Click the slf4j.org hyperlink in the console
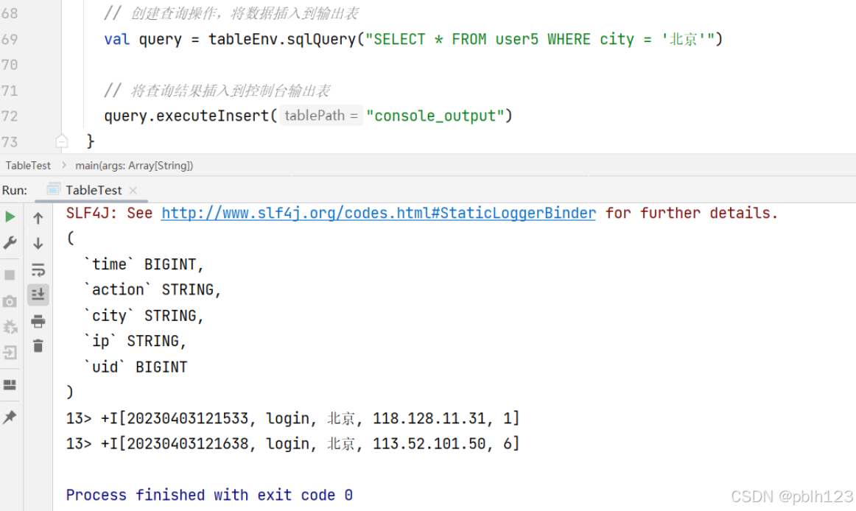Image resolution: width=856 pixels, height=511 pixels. [378, 214]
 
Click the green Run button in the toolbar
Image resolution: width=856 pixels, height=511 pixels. [10, 216]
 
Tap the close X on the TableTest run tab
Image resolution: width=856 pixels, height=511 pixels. [133, 191]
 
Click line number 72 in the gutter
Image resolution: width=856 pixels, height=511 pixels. [10, 116]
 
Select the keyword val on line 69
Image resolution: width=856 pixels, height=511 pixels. [116, 39]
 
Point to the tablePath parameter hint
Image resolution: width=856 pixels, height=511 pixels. [321, 116]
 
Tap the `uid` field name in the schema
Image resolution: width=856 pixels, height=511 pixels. [105, 367]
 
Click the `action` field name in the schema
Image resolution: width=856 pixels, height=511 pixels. [118, 289]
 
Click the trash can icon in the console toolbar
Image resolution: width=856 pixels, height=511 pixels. [38, 345]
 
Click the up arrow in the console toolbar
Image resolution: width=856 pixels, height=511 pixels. [38, 218]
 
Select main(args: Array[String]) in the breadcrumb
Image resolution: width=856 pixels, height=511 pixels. [134, 166]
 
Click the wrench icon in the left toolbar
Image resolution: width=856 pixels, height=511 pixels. [10, 242]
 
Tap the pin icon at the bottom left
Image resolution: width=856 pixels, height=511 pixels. [10, 417]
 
